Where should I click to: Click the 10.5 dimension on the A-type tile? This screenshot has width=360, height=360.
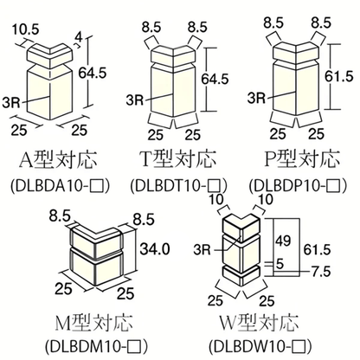point(25,29)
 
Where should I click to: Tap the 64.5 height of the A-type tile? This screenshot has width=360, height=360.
point(93,73)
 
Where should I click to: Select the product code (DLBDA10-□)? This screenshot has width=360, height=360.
point(61,185)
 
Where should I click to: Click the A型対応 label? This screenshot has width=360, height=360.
point(58,160)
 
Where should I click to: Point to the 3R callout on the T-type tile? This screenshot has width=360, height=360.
point(135,100)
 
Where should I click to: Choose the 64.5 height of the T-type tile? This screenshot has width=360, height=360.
point(215,79)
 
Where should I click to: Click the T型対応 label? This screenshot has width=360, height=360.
point(178,158)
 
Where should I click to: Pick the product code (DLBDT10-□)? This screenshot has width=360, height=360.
point(178,185)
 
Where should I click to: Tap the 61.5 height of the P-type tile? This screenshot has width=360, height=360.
point(339,76)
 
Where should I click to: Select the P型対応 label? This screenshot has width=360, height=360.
point(302,158)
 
